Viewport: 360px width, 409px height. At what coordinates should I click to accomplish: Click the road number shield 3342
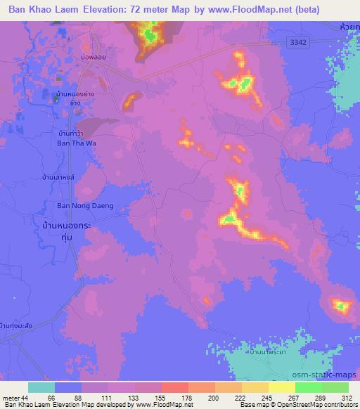coord(299,44)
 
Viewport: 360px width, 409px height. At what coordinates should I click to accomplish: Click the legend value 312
coord(345,398)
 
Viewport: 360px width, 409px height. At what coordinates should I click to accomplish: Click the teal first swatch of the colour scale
coord(41,388)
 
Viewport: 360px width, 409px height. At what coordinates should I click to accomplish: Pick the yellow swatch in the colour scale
coord(283,388)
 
